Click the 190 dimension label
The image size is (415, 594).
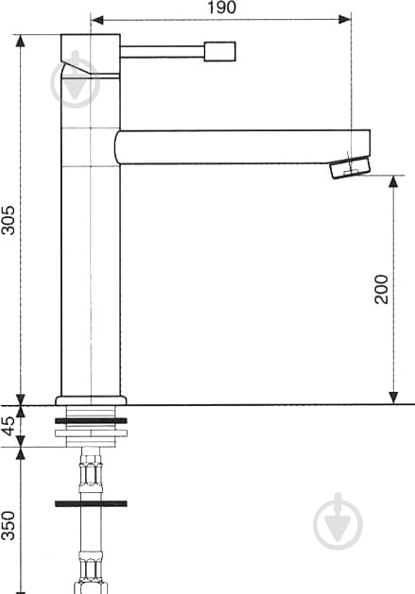point(221,8)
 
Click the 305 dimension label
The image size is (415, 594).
point(9,220)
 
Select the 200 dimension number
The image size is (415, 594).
point(381,289)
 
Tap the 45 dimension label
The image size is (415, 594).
point(9,425)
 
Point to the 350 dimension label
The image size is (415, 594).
point(9,525)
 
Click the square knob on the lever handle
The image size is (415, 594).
point(220,51)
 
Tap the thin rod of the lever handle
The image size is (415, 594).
point(163,52)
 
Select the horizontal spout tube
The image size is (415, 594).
point(243,147)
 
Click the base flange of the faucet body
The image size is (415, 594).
point(91,400)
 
